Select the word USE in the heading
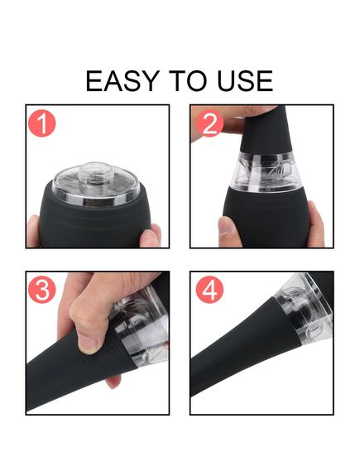pyautogui.click(x=245, y=81)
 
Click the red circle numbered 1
pyautogui.click(x=42, y=123)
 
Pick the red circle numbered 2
pyautogui.click(x=209, y=123)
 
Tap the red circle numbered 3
pyautogui.click(x=42, y=290)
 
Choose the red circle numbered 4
pyautogui.click(x=209, y=290)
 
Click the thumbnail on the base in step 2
pyautogui.click(x=227, y=228)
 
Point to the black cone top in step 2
pyautogui.click(x=266, y=129)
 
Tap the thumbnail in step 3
pyautogui.click(x=88, y=344)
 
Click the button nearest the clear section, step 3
pyautogui.click(x=112, y=348)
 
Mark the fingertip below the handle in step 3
pyautogui.click(x=114, y=381)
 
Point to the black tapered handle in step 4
pyautogui.click(x=245, y=345)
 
